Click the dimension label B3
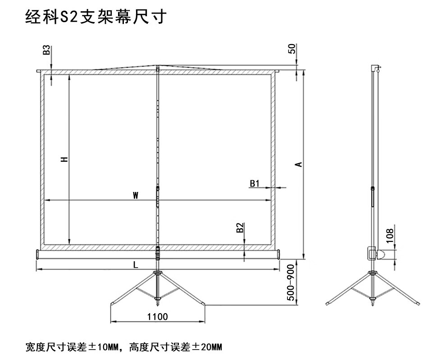(x=46, y=50)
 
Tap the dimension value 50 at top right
(x=292, y=49)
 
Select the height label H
(x=65, y=159)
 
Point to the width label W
(x=135, y=195)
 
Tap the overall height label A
(x=298, y=164)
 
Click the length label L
(x=136, y=265)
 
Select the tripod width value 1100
(x=157, y=317)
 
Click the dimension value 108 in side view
(x=390, y=234)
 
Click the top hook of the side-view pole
(x=375, y=68)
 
